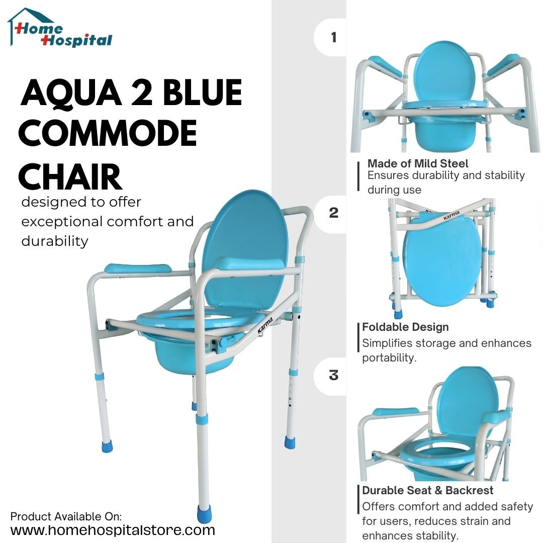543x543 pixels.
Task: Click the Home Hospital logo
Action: click(60, 28)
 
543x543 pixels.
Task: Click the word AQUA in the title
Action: click(71, 93)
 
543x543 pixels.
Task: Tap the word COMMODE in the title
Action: click(108, 133)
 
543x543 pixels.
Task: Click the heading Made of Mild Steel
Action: click(418, 163)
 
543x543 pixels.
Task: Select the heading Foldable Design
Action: click(405, 327)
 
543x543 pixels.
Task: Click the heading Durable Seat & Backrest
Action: click(428, 490)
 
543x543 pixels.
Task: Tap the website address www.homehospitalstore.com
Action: click(113, 530)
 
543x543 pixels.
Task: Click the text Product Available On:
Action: click(66, 516)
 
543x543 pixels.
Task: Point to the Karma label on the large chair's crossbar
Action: click(265, 325)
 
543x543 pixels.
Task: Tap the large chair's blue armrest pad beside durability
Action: click(138, 268)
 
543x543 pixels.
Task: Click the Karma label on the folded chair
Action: click(451, 216)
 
